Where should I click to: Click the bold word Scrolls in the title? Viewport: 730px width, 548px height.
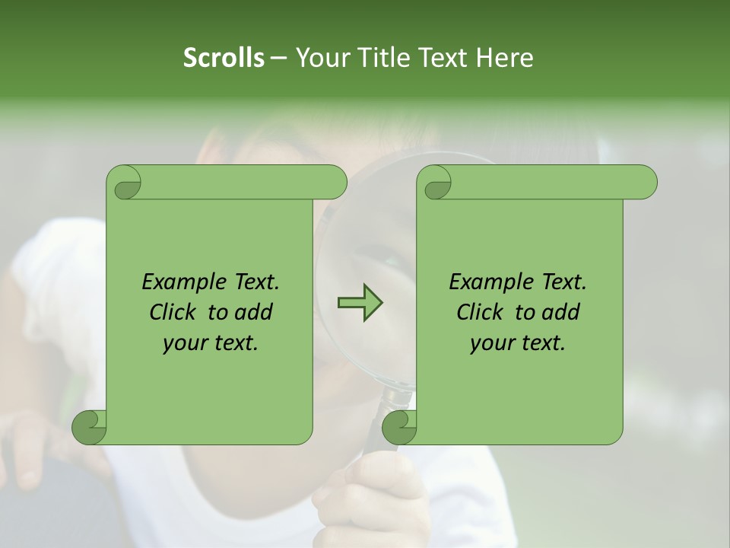tap(224, 58)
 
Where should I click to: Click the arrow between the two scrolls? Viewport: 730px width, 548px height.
tap(360, 303)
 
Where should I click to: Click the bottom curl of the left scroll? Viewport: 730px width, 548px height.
tap(90, 427)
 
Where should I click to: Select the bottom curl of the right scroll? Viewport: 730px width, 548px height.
tap(399, 427)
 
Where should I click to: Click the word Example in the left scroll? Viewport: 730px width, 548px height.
tap(185, 282)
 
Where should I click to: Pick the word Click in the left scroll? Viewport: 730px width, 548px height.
tap(176, 313)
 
